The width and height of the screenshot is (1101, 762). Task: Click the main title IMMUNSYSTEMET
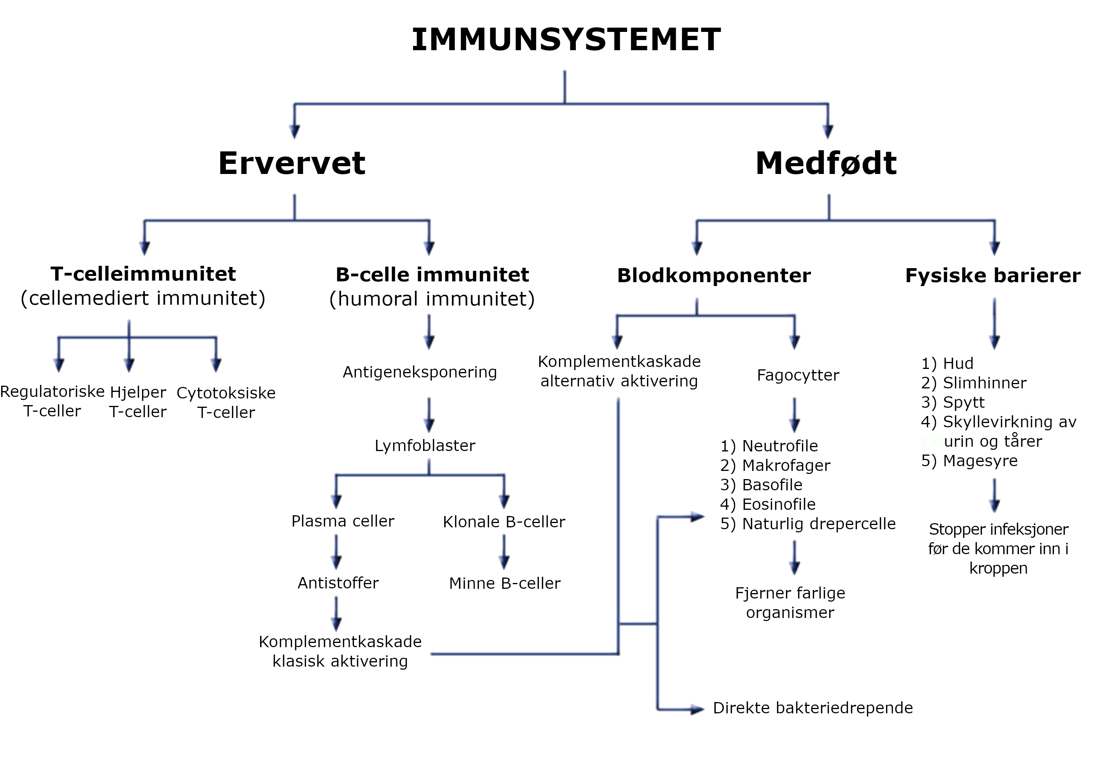(566, 40)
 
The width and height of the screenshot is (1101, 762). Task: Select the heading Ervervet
(291, 163)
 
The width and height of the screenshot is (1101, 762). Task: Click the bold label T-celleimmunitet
(143, 274)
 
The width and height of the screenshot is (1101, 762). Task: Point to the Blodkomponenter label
(714, 276)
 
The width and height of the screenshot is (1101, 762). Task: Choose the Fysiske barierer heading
(992, 276)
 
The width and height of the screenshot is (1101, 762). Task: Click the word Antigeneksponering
(419, 372)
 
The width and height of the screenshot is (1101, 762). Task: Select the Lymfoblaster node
(425, 446)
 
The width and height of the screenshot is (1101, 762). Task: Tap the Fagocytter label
(798, 375)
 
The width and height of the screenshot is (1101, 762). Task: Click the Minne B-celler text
(505, 583)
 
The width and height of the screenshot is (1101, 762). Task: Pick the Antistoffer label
(338, 583)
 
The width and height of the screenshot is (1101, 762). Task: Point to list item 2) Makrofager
(775, 465)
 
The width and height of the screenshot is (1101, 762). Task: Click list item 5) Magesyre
(969, 461)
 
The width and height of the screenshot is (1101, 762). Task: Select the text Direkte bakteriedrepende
(813, 708)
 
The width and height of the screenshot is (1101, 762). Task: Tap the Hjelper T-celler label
(137, 402)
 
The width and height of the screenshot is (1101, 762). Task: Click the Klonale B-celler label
(503, 522)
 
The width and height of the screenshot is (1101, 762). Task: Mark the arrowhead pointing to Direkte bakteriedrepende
(697, 709)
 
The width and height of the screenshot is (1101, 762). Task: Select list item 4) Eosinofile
(768, 504)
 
